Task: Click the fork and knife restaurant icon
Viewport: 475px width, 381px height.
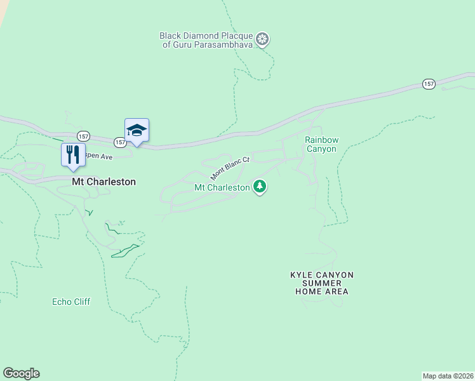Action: coord(73,154)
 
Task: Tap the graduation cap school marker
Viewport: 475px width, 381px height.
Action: coord(137,130)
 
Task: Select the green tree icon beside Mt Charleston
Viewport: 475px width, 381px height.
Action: coord(259,187)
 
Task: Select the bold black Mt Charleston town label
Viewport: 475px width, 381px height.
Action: coord(104,182)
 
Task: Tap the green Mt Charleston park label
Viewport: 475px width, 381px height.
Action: coord(222,188)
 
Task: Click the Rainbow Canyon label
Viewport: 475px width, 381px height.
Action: coord(320,144)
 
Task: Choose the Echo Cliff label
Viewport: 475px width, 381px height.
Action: coord(71,302)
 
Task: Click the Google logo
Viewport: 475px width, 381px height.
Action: coord(21,373)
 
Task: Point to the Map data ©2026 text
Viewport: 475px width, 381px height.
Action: coord(448,375)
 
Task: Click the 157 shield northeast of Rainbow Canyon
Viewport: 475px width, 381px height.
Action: coord(429,84)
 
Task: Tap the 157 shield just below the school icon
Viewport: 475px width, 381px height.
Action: coord(120,142)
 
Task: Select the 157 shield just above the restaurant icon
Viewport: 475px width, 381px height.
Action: coord(83,137)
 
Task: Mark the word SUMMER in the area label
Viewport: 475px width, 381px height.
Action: coord(321,283)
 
